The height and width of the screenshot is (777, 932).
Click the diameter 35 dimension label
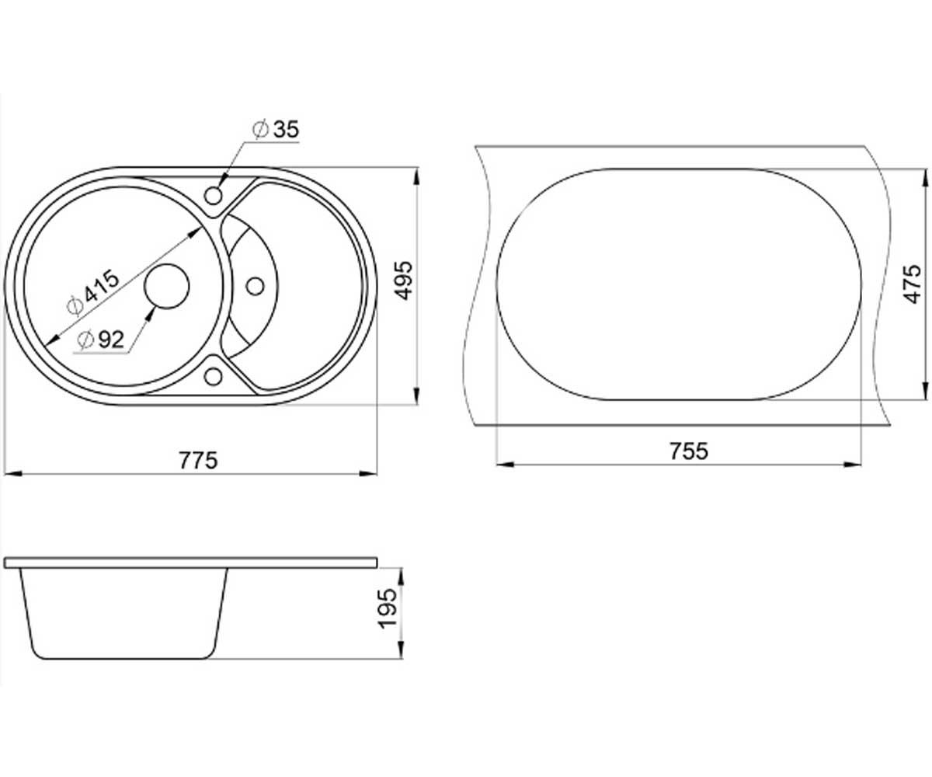click(276, 130)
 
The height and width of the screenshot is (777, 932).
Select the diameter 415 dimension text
click(93, 292)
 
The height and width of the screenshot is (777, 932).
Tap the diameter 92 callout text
click(100, 340)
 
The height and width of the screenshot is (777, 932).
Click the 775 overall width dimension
click(198, 461)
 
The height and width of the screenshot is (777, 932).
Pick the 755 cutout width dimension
click(689, 451)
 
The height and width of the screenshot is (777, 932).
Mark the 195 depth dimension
click(387, 608)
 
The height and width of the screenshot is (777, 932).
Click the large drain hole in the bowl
click(167, 286)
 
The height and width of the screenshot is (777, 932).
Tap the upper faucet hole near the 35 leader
click(214, 195)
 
